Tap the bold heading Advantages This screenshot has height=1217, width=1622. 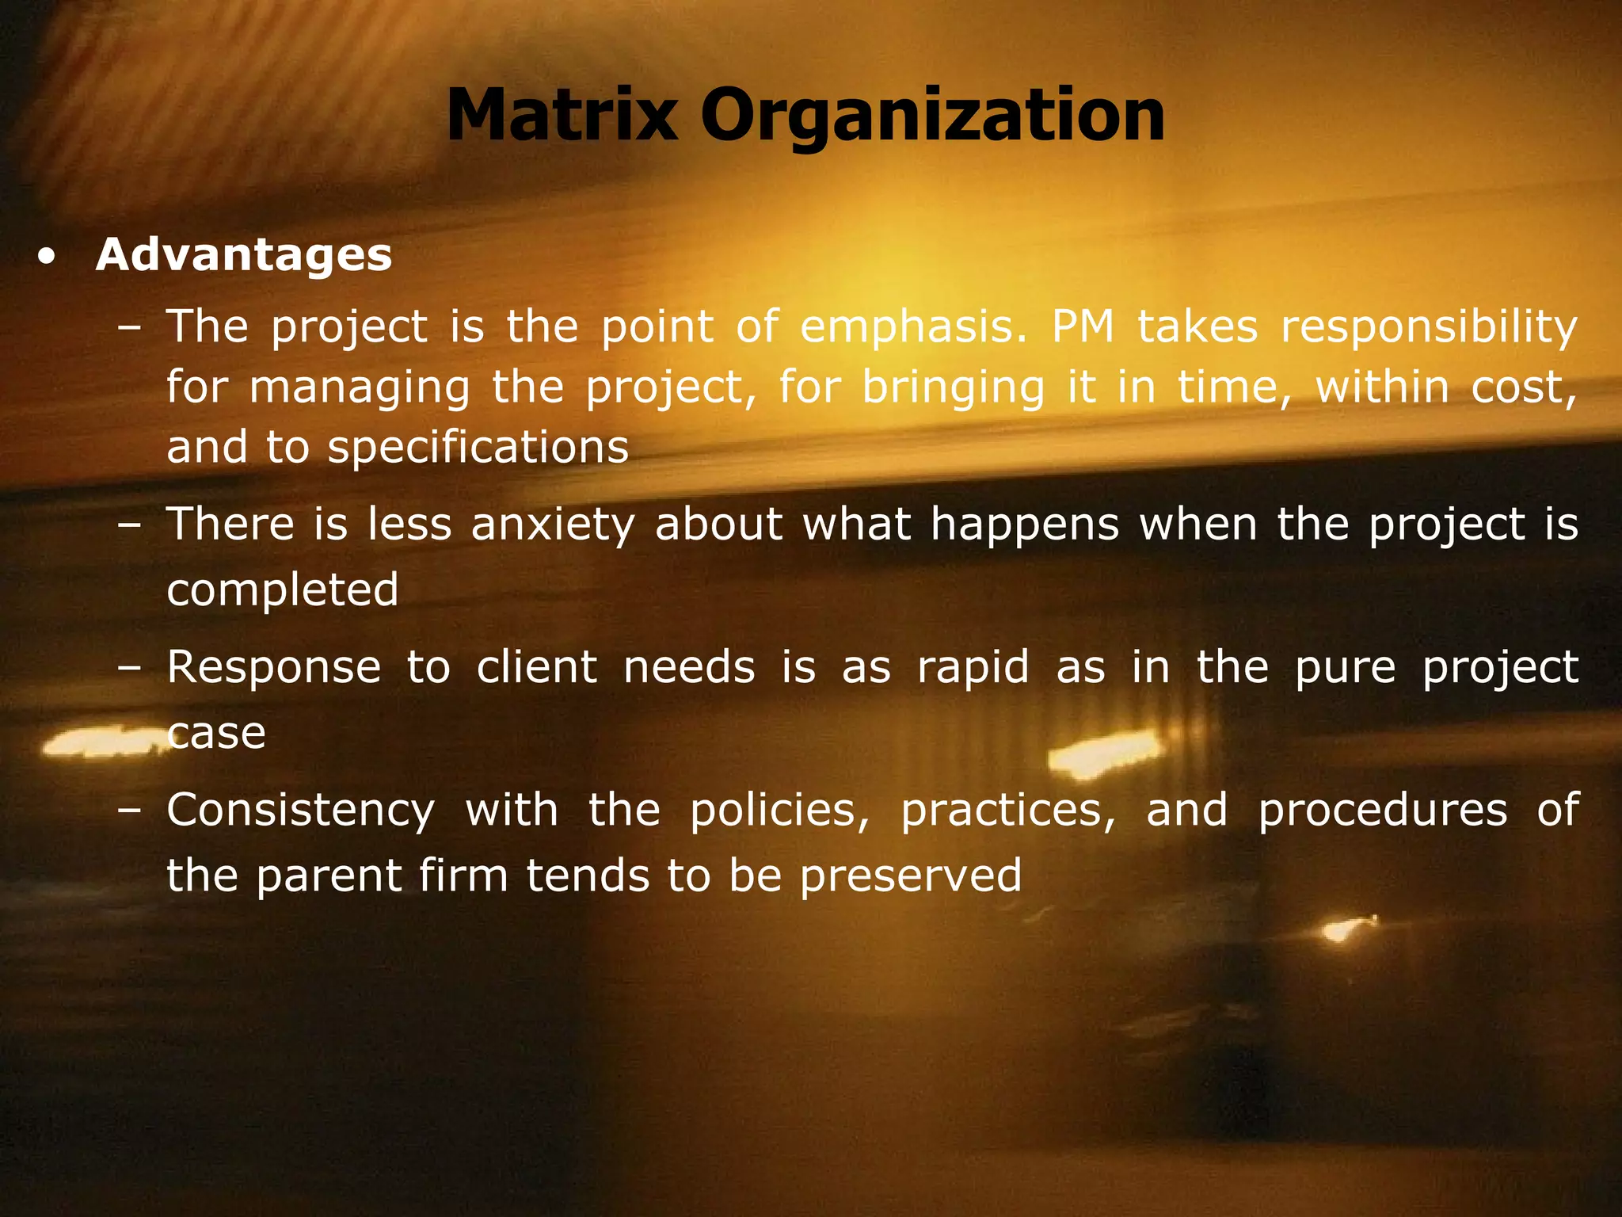(243, 255)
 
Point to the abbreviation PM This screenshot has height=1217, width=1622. (1083, 326)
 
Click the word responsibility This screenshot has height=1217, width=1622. (1428, 326)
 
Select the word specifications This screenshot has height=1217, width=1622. (478, 447)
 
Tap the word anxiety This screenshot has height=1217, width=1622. (552, 525)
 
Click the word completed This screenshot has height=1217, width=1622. (282, 590)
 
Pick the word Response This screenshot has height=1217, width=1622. (274, 667)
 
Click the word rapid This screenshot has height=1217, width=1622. (973, 667)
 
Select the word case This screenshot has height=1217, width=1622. (216, 734)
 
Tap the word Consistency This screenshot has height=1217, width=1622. (300, 811)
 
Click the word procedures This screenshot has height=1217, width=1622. (1382, 811)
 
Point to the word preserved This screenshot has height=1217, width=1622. (911, 876)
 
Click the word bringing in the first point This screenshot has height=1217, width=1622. (953, 387)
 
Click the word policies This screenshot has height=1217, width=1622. (779, 811)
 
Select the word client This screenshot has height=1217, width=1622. (536, 667)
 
